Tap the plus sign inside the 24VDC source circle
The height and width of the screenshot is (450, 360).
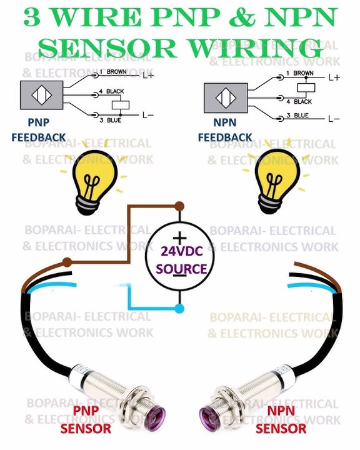180,237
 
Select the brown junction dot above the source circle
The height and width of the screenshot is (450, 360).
180,206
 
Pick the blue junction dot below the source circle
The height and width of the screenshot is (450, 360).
180,309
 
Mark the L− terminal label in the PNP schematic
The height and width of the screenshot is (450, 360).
146,115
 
